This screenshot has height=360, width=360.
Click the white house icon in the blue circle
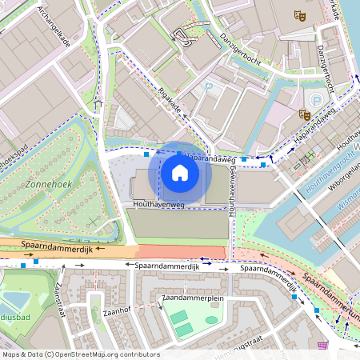pos(180,172)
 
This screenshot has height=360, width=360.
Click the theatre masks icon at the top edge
pos(299,14)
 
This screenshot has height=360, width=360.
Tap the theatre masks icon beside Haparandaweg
pos(305,114)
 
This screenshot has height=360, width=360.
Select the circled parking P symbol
pos(318,99)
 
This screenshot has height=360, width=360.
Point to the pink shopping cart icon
pos(322,345)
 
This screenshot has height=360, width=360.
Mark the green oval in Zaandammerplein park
pos(211,320)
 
